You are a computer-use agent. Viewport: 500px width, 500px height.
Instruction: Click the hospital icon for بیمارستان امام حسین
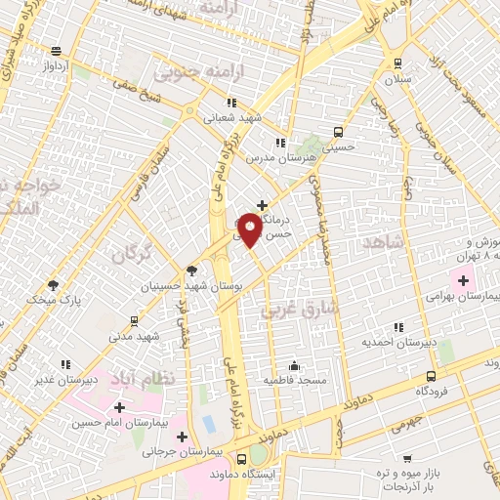click(x=119, y=407)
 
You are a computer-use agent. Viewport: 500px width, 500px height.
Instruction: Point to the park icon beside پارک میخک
click(x=52, y=286)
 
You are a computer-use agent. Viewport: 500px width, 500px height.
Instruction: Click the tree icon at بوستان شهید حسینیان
click(x=190, y=271)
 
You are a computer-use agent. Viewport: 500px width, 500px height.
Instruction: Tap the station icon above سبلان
click(x=396, y=63)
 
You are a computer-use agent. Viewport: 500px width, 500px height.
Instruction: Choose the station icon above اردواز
click(x=56, y=51)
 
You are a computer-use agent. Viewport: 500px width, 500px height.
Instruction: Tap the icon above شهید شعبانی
click(x=231, y=103)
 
